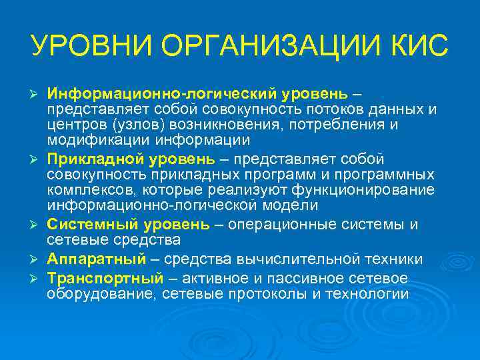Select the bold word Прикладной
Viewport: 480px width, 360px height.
tap(94, 158)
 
